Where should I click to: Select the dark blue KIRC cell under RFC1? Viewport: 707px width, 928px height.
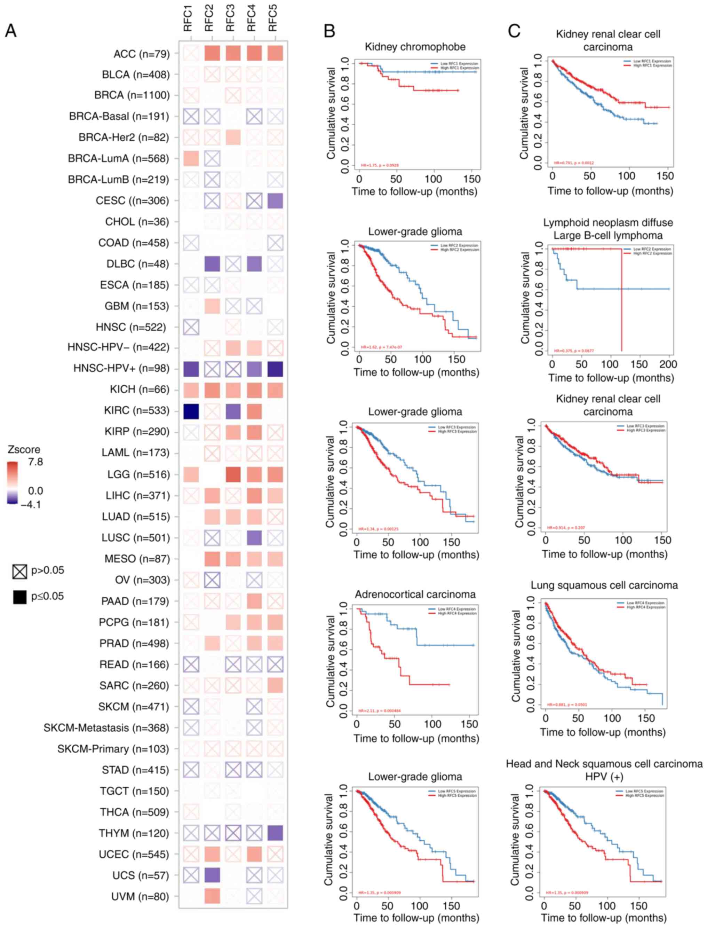(191, 411)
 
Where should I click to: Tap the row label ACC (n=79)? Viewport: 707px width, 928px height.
(141, 54)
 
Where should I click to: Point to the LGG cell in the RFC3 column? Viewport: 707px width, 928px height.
(233, 474)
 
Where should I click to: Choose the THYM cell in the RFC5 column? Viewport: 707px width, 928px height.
(275, 833)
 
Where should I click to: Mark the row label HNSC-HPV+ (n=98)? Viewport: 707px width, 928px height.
(121, 369)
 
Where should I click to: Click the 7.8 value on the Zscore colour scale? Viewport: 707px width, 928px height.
(35, 462)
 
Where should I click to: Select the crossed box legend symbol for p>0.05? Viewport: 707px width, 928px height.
(20, 571)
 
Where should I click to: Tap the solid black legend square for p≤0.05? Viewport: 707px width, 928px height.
(20, 597)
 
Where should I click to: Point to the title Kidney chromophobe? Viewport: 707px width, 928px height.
(415, 47)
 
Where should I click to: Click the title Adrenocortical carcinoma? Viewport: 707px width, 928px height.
(415, 595)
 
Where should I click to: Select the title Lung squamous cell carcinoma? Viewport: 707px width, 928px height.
(604, 585)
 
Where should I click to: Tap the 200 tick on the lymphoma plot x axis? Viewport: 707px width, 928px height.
(668, 364)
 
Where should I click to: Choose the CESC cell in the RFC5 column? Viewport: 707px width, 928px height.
(275, 201)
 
